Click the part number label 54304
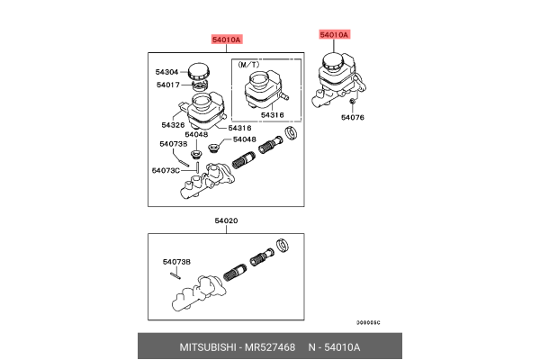(167, 70)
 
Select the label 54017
(167, 85)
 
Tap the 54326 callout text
(173, 125)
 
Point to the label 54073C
(164, 170)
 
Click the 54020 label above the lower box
(226, 220)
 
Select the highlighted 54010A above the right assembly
(333, 35)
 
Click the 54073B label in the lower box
(176, 262)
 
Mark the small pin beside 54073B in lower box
(179, 275)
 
